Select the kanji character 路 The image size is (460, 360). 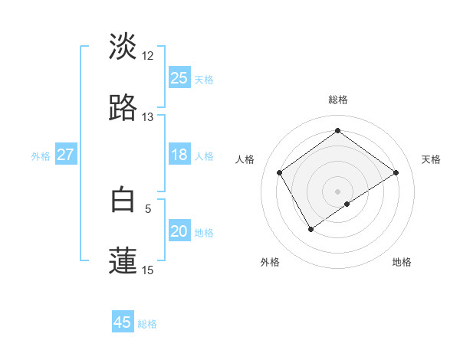coord(123,108)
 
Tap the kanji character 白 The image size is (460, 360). coord(123,199)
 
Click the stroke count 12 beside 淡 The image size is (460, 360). coord(148,56)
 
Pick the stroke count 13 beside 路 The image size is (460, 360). coord(148,117)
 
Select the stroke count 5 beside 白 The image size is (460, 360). coord(148,208)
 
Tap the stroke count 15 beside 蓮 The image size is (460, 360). coord(148,270)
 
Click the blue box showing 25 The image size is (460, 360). coord(179,78)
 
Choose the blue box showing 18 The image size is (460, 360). coord(179,155)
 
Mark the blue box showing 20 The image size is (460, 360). coord(179,231)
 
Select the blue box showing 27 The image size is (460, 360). coord(65,155)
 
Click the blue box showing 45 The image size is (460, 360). coord(123,322)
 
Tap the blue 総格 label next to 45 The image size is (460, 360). coord(147,324)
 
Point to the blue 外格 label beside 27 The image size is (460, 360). coord(41,156)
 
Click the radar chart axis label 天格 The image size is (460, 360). coord(431,159)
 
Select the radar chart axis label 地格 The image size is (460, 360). coord(402,262)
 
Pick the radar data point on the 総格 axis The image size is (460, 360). coord(337,131)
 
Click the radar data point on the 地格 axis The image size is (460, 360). coord(347,204)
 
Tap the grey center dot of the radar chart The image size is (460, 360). coord(337,190)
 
